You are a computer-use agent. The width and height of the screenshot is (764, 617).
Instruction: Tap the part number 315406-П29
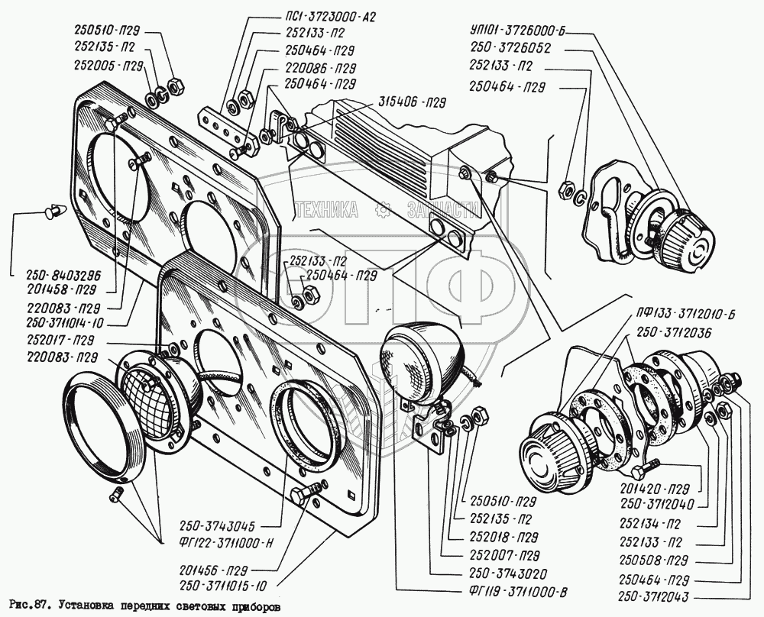coord(410,101)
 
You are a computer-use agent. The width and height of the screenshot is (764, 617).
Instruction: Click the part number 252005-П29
coord(108,66)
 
